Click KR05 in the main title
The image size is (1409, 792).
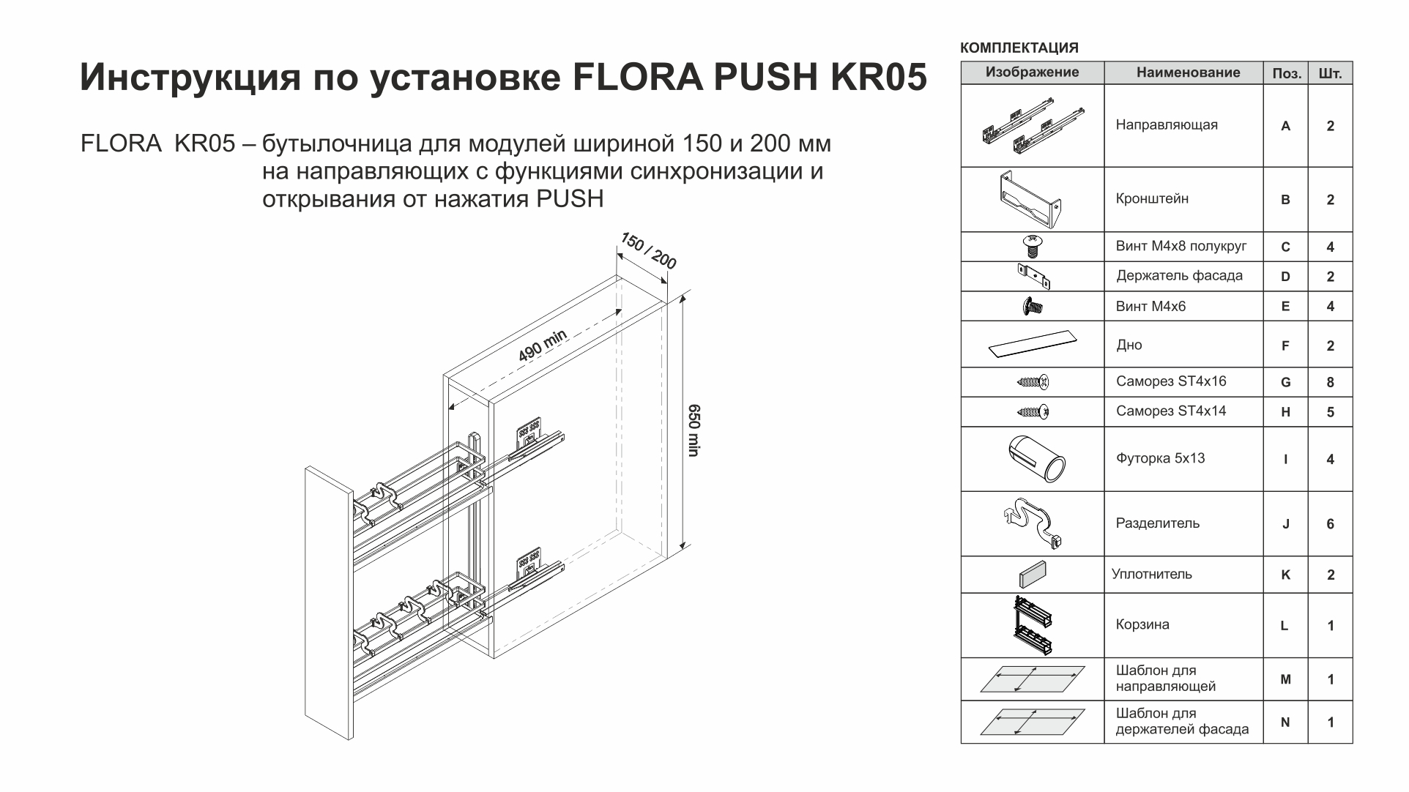click(878, 78)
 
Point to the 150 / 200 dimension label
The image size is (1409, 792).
click(649, 251)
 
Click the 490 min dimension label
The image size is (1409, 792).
click(543, 345)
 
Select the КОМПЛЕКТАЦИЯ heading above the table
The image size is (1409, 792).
click(1019, 48)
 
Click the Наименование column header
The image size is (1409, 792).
click(1188, 72)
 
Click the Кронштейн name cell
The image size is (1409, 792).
click(1152, 199)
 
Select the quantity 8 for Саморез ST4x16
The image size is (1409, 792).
click(1330, 382)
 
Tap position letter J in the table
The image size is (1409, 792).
click(1285, 524)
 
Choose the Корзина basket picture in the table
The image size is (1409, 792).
click(1033, 625)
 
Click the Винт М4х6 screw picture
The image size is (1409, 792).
click(1033, 306)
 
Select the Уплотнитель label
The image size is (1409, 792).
click(1151, 575)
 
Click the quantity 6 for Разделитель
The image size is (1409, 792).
click(1330, 524)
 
